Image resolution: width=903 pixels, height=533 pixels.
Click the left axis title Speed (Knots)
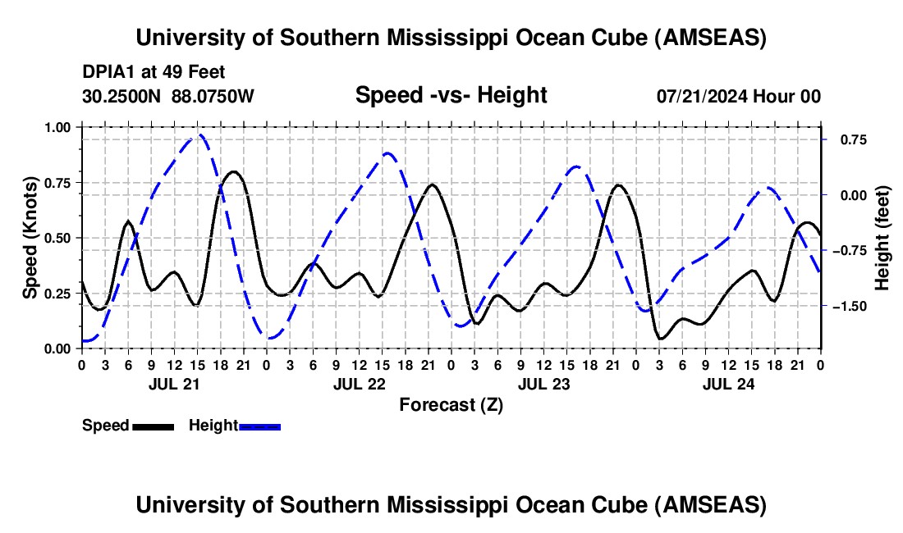tap(30, 238)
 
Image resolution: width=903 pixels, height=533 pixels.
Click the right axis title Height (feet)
tap(882, 238)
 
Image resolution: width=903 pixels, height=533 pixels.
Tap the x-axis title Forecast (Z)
tap(451, 404)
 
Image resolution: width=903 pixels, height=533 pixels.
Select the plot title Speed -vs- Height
tap(451, 96)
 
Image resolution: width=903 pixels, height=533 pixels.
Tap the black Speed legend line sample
tap(153, 426)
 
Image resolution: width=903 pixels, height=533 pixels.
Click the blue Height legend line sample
tap(259, 426)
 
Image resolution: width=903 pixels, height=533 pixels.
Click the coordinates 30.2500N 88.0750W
tap(168, 96)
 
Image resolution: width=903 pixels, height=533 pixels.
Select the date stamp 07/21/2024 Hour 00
tap(739, 96)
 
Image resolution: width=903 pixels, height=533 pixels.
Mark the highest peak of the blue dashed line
tap(199, 135)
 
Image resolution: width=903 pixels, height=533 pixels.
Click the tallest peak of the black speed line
tap(235, 171)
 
